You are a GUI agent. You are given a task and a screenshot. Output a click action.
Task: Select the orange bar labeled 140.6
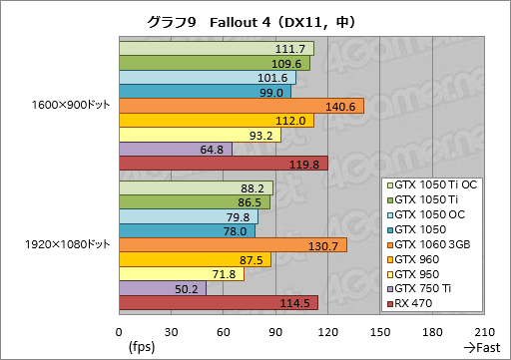pos(240,106)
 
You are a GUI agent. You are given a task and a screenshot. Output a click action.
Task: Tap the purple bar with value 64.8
pos(175,149)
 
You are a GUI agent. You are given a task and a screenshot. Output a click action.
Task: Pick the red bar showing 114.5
pos(218,303)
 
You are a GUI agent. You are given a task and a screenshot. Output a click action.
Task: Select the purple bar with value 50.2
pos(162,289)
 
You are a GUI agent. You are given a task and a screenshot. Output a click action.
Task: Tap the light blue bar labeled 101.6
pos(207,77)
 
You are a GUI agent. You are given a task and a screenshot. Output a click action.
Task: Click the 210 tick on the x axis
pos(484,332)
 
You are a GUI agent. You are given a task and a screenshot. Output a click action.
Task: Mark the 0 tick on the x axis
pos(119,332)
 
